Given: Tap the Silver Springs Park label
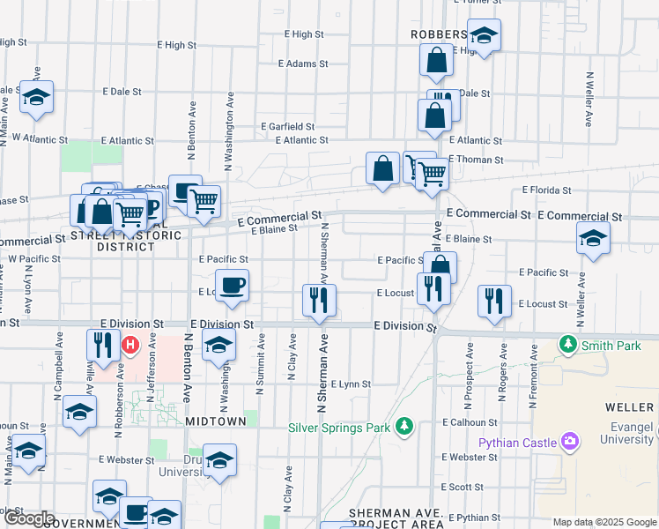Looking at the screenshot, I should point(339,428).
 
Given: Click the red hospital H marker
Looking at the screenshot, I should point(131,345).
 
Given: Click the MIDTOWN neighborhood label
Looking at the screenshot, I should point(216,421).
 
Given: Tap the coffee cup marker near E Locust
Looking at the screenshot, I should point(232,286).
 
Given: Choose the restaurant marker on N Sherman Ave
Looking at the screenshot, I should point(317,300).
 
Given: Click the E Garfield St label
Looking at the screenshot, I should point(287,127).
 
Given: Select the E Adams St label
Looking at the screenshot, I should point(302,63).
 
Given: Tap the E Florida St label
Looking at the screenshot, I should point(546,190).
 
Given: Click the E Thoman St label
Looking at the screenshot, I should point(476,160).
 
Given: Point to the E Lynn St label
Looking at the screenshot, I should point(352,384).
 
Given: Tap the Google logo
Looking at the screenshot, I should point(28,518).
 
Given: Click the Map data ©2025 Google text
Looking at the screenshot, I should point(603,522).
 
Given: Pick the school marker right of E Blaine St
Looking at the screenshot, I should point(593,238).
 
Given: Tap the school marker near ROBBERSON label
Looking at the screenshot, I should point(483,36).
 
